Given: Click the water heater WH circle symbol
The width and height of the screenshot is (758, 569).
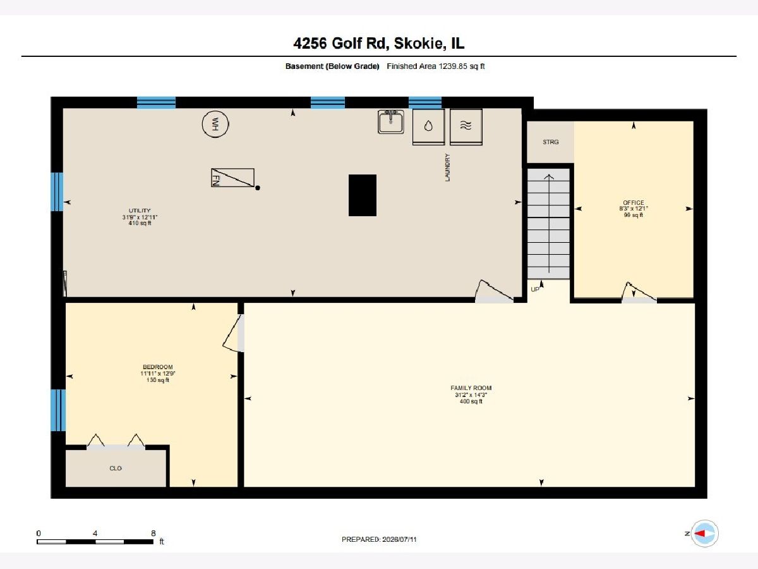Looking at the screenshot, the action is pyautogui.click(x=215, y=124).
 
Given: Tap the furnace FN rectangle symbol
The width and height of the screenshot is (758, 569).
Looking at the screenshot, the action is pyautogui.click(x=232, y=178).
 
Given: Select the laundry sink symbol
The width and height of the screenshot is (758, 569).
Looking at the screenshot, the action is pyautogui.click(x=390, y=121).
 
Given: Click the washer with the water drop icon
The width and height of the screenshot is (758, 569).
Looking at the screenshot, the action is pyautogui.click(x=428, y=127).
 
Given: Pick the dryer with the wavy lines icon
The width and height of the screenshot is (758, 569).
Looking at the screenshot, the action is pyautogui.click(x=466, y=127).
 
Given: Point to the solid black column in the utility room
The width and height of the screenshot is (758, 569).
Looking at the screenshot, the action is pyautogui.click(x=362, y=195).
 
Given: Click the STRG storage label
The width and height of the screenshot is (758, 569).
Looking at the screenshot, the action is pyautogui.click(x=550, y=142).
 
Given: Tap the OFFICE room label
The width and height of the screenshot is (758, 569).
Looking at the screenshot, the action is pyautogui.click(x=634, y=202).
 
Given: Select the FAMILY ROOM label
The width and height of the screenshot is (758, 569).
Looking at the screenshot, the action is pyautogui.click(x=471, y=388).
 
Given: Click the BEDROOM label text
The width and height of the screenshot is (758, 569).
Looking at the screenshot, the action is pyautogui.click(x=158, y=367).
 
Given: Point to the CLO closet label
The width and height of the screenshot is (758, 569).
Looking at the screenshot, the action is pyautogui.click(x=116, y=468).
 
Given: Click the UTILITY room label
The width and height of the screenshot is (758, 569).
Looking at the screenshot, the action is pyautogui.click(x=140, y=211).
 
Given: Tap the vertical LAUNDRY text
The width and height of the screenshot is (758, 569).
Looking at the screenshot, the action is pyautogui.click(x=448, y=168).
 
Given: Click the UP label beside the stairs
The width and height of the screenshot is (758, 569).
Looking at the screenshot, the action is pyautogui.click(x=535, y=289).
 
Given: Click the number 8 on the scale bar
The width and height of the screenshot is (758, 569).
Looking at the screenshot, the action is pyautogui.click(x=153, y=533).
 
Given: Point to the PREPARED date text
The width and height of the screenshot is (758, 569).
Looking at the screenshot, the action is pyautogui.click(x=379, y=539).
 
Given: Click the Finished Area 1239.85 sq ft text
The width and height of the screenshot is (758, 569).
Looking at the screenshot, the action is pyautogui.click(x=436, y=66).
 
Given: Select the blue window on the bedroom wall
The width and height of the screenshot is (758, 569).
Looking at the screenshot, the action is pyautogui.click(x=58, y=410).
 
